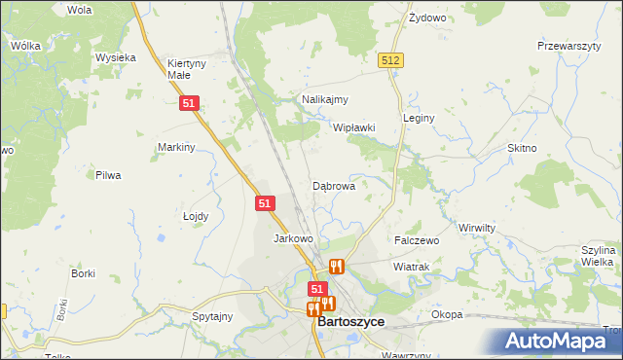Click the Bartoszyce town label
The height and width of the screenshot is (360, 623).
[350, 321]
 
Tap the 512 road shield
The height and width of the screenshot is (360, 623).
[391, 60]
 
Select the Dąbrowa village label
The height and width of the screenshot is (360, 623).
[333, 185]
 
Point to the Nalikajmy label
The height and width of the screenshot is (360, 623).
[325, 99]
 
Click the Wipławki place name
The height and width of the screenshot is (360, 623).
[354, 127]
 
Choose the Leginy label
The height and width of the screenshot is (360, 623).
[419, 118]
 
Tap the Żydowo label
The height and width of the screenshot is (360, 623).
[426, 18]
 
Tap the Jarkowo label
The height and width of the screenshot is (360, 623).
[292, 238]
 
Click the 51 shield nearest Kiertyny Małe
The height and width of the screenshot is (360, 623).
[190, 103]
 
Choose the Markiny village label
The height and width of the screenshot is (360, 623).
[177, 148]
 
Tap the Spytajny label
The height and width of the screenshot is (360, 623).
[212, 316]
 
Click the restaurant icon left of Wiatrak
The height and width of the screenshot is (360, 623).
[337, 266]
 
